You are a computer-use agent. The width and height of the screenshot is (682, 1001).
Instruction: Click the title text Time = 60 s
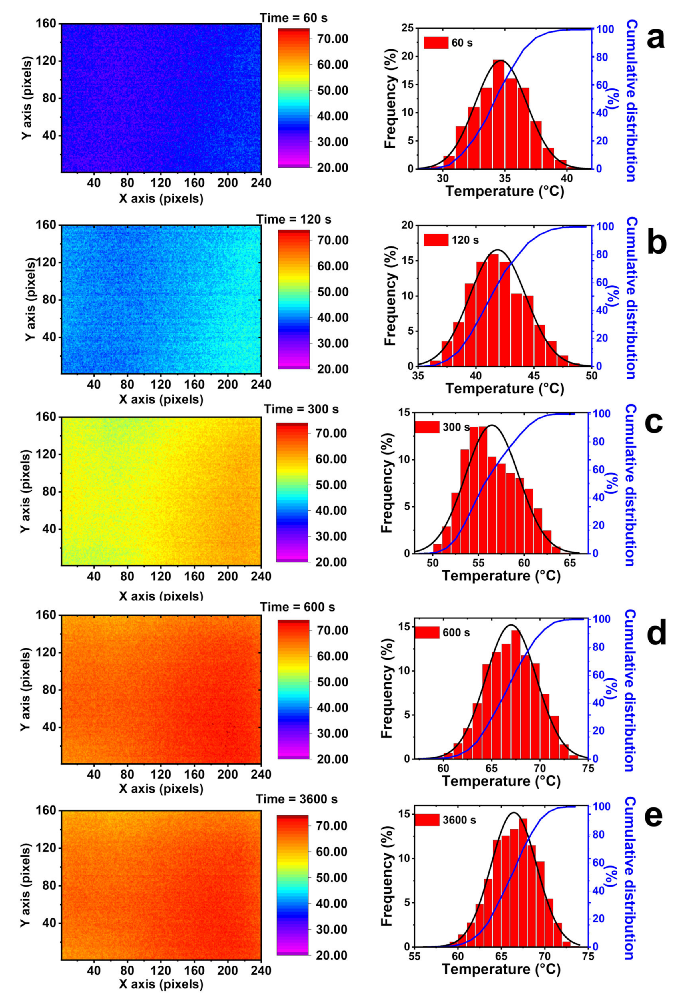tap(294, 18)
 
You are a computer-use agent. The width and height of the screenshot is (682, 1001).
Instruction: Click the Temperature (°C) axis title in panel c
tap(501, 576)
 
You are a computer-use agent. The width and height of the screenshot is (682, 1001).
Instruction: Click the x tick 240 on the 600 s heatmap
tap(261, 774)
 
